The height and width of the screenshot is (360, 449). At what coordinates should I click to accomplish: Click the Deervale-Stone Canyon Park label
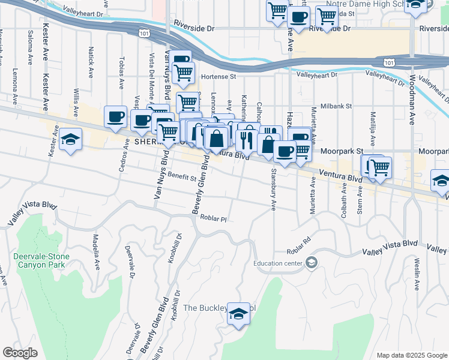point(41,260)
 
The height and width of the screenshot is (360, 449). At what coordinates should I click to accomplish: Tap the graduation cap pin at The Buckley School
point(239,314)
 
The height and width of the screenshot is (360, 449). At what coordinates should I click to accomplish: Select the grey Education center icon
point(312,262)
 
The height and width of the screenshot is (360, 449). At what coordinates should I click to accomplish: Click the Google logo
point(20,352)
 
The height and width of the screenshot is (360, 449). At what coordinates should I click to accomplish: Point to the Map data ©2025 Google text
point(411,355)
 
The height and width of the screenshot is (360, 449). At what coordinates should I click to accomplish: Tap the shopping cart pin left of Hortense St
point(184,73)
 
